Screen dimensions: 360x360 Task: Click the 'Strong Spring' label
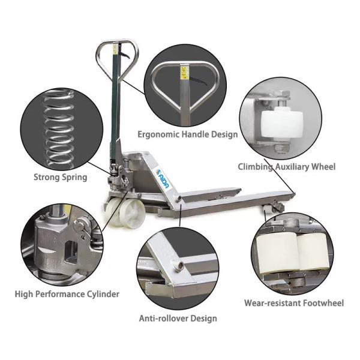point(61,177)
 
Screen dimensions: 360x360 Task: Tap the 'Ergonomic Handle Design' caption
point(188,134)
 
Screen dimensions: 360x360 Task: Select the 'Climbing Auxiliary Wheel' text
point(287,167)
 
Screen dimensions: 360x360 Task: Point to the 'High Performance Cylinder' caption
point(67,294)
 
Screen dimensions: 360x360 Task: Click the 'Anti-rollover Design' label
point(178,319)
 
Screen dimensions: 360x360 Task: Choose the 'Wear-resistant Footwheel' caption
point(294,303)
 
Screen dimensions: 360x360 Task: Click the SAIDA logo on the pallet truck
point(163,179)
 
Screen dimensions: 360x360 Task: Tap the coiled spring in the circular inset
point(59,128)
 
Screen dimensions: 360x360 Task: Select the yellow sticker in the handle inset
point(184,73)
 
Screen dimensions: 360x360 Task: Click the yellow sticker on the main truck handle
point(115,49)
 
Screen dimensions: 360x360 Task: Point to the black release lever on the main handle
point(125,55)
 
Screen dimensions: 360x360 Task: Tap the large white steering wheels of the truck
point(124,209)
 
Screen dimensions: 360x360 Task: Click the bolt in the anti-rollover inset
point(178,265)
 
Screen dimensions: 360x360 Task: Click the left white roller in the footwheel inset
point(277,253)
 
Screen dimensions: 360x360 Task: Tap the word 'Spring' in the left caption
point(74,178)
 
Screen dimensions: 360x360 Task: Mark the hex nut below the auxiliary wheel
point(280,148)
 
